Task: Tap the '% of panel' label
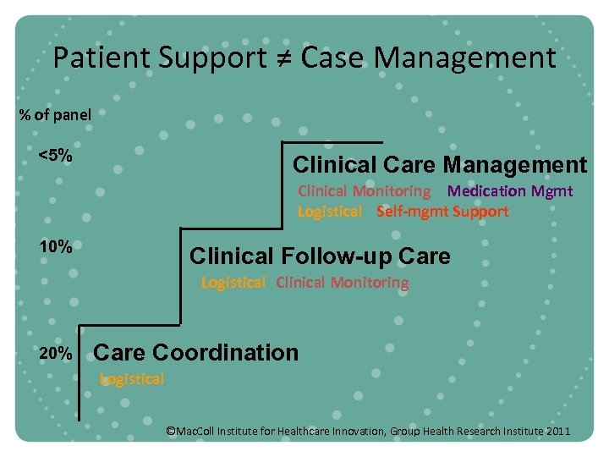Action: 55,114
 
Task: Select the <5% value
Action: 55,157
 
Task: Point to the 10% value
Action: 55,247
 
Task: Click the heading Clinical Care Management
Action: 439,164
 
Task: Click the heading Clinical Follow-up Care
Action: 320,256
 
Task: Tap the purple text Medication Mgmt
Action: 510,191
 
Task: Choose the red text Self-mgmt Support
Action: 442,212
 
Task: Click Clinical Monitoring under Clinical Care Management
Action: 364,191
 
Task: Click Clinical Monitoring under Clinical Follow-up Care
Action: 342,283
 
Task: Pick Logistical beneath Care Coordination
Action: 132,379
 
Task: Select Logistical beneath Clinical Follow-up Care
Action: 233,283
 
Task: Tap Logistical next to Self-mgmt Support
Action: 329,212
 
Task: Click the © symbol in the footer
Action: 170,432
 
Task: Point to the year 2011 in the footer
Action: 558,432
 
